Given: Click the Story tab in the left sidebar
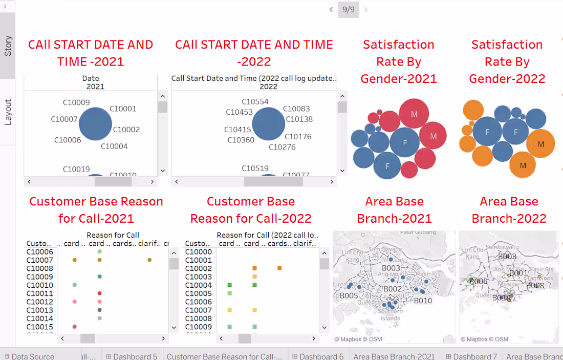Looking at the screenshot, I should [8, 46].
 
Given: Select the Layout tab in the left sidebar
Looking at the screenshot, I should [8, 112].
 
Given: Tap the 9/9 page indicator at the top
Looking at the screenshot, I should [348, 9].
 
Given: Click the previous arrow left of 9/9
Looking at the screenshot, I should [331, 9].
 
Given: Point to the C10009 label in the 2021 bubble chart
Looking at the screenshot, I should [76, 102].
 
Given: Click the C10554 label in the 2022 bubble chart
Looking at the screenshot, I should [255, 102].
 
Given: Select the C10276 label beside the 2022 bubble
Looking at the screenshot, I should [283, 147].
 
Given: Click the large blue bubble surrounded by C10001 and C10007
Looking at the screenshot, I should [95, 124].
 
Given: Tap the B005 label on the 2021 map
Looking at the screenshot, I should [349, 295].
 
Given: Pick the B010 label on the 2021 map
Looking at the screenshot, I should [423, 301].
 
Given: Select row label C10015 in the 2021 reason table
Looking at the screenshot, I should [39, 327].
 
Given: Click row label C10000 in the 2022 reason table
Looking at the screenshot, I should [198, 252].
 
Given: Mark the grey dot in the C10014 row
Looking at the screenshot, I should [99, 318].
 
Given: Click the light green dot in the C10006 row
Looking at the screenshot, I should [99, 251].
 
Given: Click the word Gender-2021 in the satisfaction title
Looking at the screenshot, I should [399, 79].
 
